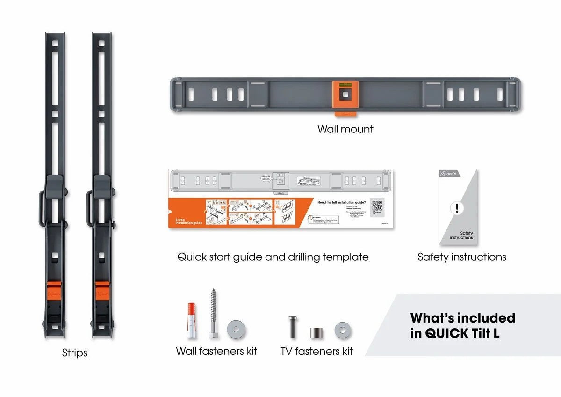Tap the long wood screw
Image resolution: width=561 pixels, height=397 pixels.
[212, 314]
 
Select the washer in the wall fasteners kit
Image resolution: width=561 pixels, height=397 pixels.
[237, 330]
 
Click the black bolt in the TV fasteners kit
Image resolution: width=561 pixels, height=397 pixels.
[292, 327]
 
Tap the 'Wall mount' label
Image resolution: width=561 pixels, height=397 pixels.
[345, 129]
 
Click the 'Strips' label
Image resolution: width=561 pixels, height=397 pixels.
[75, 353]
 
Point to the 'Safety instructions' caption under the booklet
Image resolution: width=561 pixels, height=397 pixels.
[461, 257]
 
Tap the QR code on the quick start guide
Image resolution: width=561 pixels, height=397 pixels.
[377, 206]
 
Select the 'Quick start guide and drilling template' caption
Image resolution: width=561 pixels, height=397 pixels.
[273, 257]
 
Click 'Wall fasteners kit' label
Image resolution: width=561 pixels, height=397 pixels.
[216, 351]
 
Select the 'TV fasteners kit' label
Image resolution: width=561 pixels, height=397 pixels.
[316, 351]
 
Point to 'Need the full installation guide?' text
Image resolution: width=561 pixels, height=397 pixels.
[341, 202]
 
